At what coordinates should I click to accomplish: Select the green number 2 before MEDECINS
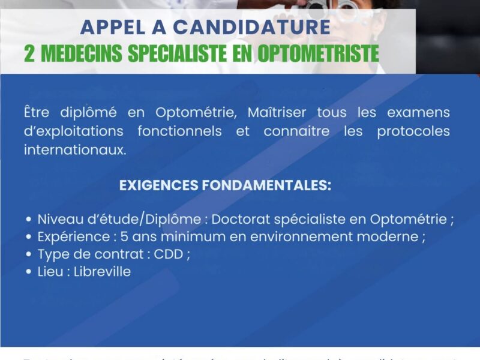(x=29, y=54)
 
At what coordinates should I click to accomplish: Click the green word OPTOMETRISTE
(x=318, y=54)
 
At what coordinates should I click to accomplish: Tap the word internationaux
(x=75, y=149)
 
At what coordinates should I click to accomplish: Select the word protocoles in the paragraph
(x=413, y=131)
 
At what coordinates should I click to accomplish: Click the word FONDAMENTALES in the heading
(x=274, y=185)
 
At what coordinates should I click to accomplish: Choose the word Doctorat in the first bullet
(x=239, y=219)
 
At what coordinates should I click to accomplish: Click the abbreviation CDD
(x=169, y=254)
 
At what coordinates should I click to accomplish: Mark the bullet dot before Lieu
(x=29, y=272)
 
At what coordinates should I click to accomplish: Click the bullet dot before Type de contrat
(x=29, y=254)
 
